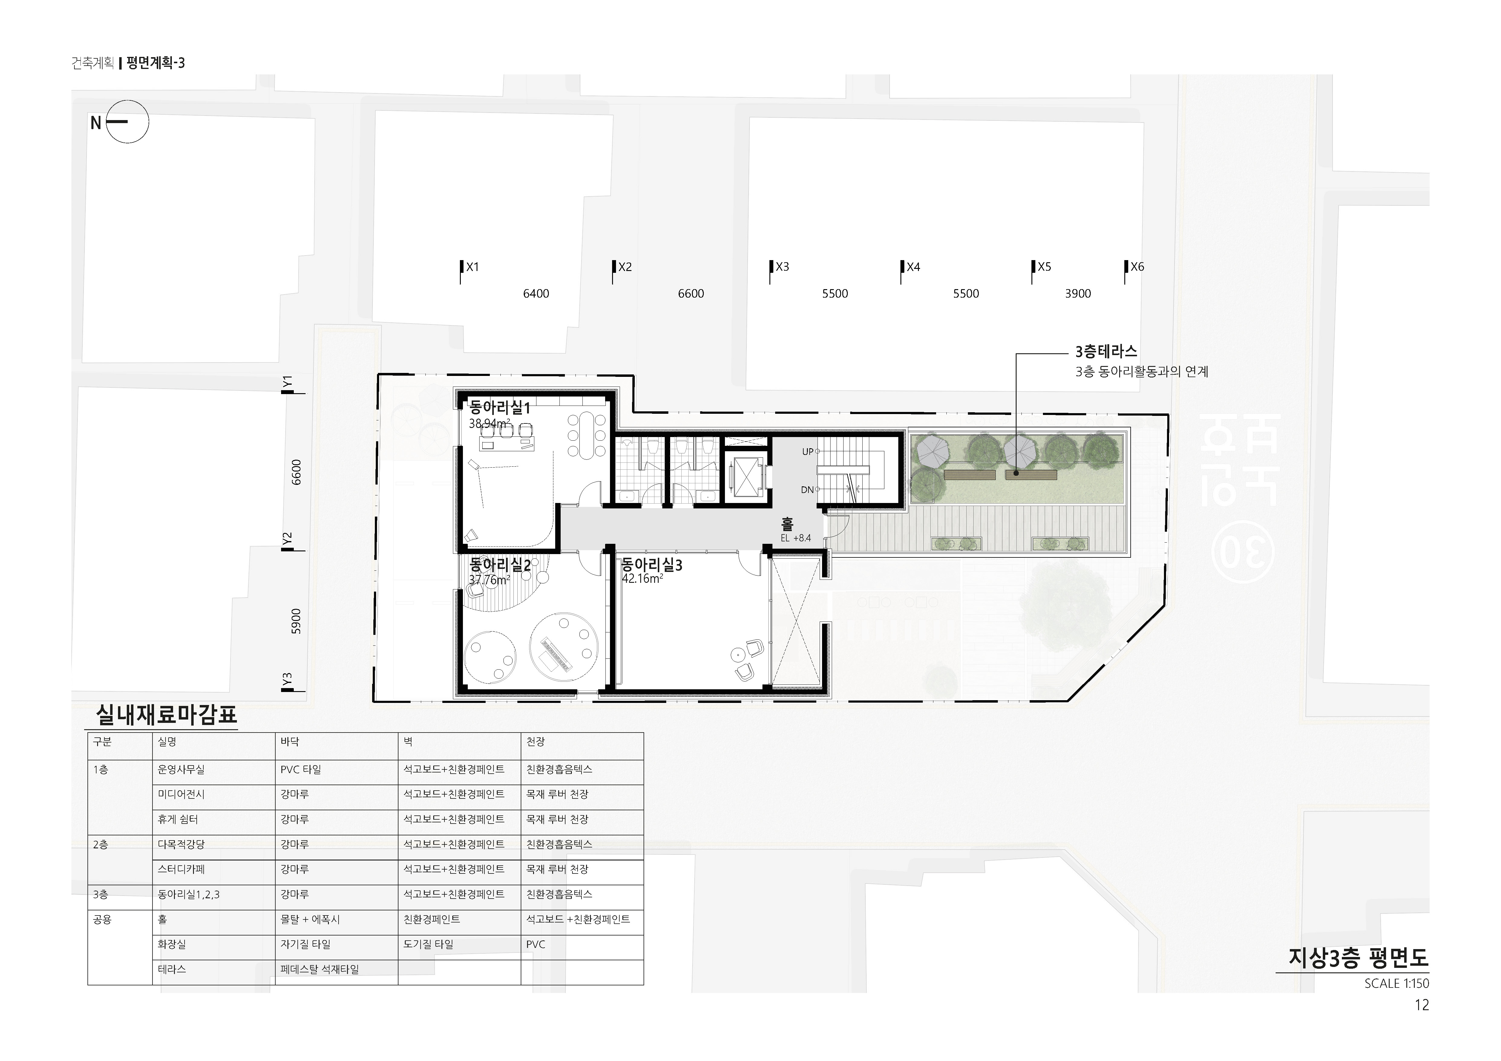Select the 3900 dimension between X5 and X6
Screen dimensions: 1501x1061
click(1078, 293)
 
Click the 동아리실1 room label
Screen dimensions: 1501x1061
click(500, 408)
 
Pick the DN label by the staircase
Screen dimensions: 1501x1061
click(807, 489)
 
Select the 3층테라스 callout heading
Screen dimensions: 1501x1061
click(1106, 351)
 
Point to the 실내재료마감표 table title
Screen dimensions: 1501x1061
click(166, 715)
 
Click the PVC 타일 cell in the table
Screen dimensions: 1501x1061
click(301, 770)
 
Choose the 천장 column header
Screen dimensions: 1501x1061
click(536, 742)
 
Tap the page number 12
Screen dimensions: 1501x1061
click(1422, 1005)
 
